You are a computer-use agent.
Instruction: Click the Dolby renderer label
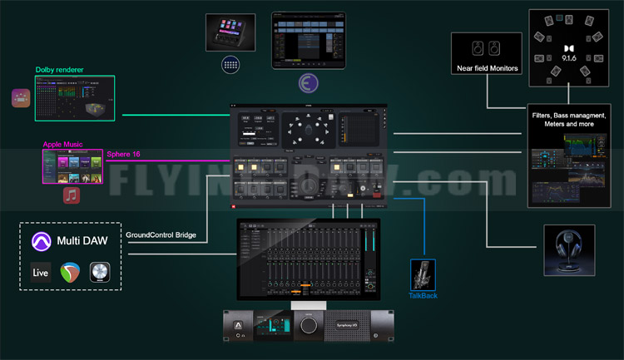coord(60,70)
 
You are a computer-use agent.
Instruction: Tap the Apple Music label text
coord(63,145)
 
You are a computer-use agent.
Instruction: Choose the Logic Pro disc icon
coord(100,273)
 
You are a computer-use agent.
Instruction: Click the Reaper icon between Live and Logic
coord(70,273)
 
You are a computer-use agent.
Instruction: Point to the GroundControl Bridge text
coord(161,234)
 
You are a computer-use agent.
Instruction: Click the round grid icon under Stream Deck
coord(230,64)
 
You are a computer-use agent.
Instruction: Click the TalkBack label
coord(423,295)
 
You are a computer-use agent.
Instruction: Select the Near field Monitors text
coord(487,67)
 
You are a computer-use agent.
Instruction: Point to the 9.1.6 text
coord(570,60)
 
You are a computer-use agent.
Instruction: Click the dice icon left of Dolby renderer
coord(21,98)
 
